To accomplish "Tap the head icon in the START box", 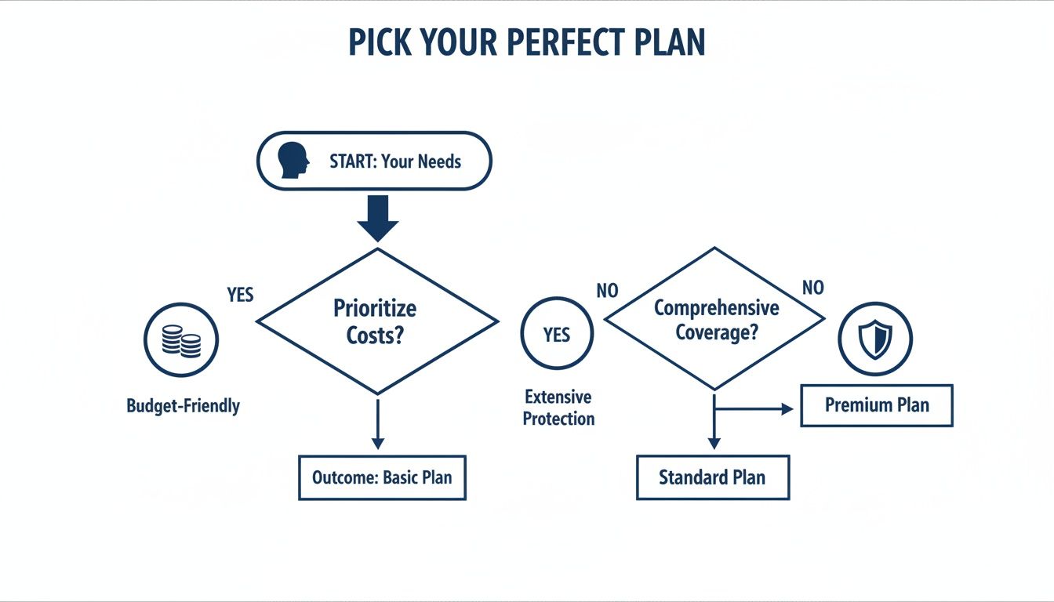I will [x=294, y=161].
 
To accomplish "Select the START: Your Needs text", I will [x=395, y=162].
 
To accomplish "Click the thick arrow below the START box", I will [x=378, y=218].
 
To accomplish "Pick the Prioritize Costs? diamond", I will [x=378, y=321].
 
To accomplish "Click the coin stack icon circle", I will [x=181, y=340].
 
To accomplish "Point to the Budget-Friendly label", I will [x=184, y=406].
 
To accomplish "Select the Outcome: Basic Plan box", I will [x=382, y=477].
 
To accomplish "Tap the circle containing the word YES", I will [x=557, y=335].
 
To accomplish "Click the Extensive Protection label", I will [x=558, y=408].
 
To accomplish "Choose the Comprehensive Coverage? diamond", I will [x=715, y=318].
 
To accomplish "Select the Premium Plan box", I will [x=877, y=405].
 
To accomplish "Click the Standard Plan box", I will [x=712, y=477].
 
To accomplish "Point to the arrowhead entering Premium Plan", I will [x=788, y=408].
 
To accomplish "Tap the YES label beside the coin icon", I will [x=241, y=295].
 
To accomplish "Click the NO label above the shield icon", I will [x=813, y=288].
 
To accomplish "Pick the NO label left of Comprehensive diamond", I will [x=607, y=291].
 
